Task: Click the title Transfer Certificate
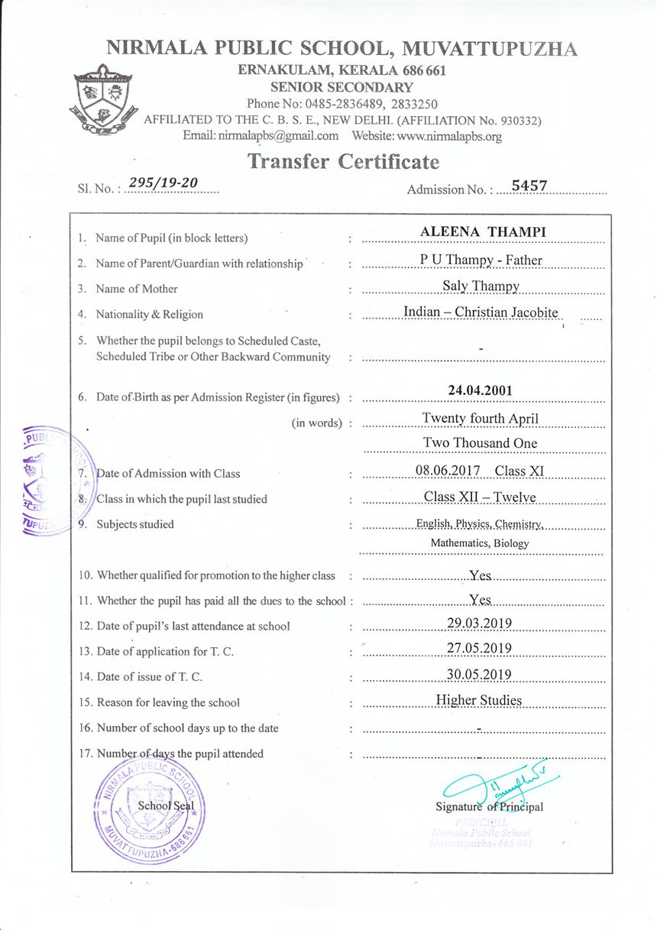click(343, 162)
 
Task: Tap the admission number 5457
click(529, 185)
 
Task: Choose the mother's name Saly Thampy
click(481, 286)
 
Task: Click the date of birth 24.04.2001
click(480, 390)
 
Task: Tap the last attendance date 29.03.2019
click(479, 623)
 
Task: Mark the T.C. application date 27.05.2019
click(479, 648)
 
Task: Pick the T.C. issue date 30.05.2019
click(479, 674)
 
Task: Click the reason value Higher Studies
click(479, 700)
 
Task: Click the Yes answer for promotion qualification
click(481, 576)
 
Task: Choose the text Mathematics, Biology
click(480, 543)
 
